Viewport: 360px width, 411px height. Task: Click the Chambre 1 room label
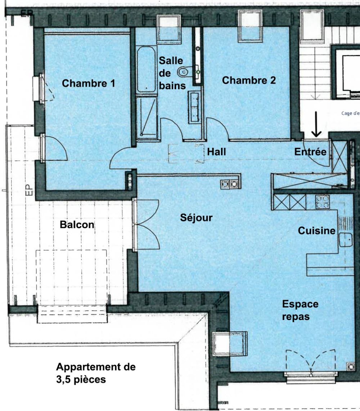(x=89, y=83)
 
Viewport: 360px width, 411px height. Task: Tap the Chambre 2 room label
(x=249, y=80)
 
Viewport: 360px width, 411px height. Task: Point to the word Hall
(x=216, y=152)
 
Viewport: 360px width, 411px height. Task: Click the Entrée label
(x=310, y=152)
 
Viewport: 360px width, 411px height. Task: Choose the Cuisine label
(x=316, y=231)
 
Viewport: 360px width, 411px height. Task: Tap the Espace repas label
(x=300, y=310)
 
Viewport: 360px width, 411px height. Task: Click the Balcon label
(x=77, y=225)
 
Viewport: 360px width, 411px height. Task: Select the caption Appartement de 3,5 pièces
(x=96, y=373)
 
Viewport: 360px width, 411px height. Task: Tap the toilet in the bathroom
(x=184, y=72)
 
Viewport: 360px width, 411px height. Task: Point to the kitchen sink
(x=346, y=239)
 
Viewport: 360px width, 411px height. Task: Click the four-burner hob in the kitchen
(x=322, y=202)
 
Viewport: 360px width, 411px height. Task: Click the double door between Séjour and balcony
(x=146, y=225)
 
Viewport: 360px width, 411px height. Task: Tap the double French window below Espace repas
(x=311, y=361)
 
